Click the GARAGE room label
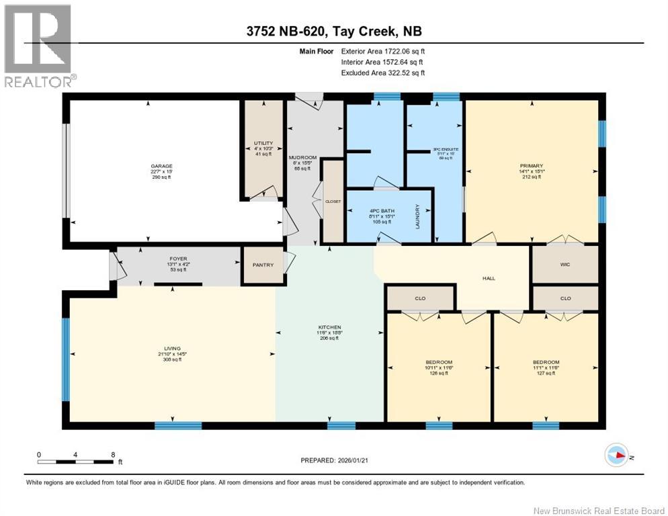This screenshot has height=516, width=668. point(161,166)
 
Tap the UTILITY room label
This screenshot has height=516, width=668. point(263,144)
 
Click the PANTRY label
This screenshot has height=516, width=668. point(263,265)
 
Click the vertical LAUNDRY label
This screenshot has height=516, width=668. point(417,216)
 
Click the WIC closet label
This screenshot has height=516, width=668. point(565,265)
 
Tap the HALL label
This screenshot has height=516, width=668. point(489,278)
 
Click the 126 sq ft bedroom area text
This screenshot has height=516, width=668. point(439,374)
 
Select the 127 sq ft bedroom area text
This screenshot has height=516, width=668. point(545,374)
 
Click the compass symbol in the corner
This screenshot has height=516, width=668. point(616,456)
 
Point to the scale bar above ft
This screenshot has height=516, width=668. point(75,462)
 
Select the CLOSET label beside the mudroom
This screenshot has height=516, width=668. point(333,201)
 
